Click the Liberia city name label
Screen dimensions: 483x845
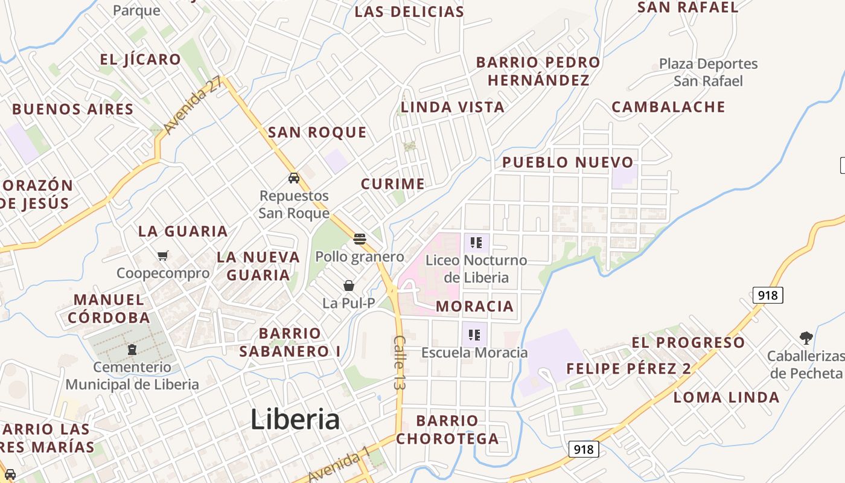point(295,419)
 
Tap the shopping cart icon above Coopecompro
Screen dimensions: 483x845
point(162,256)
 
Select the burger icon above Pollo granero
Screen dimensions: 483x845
point(360,239)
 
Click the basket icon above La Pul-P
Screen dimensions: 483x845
point(349,286)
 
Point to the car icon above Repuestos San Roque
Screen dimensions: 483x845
point(294,178)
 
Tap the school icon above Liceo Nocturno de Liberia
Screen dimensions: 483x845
point(476,243)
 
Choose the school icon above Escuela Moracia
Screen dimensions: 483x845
point(474,335)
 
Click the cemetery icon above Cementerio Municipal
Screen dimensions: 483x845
point(132,350)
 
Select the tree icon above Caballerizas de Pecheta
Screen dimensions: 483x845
point(806,337)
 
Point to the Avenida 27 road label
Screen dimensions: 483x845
point(193,107)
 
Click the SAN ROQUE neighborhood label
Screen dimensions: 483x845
point(317,132)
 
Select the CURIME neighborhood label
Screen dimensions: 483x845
point(392,184)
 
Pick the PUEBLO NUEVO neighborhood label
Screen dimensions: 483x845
point(567,162)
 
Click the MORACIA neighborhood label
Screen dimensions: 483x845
point(474,306)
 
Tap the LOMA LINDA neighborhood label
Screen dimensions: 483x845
point(726,397)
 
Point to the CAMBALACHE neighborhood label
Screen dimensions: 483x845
point(668,107)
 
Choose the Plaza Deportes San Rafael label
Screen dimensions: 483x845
point(708,72)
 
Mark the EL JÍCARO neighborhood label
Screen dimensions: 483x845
point(140,59)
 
